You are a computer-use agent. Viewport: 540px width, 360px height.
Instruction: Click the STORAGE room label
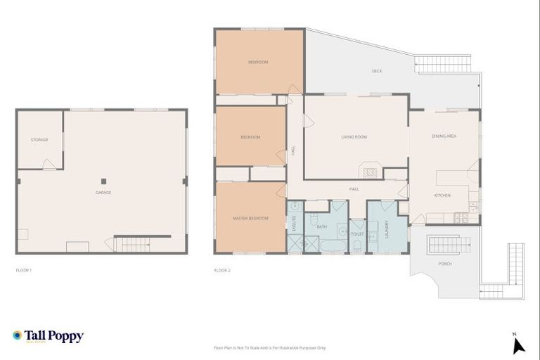pos(39,140)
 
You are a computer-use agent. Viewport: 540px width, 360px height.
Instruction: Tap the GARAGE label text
pos(103,193)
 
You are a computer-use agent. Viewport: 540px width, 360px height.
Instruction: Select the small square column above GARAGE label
pos(103,179)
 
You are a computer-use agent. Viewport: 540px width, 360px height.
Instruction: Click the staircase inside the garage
pos(133,245)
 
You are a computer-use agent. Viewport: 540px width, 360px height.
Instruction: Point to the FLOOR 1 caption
pos(24,270)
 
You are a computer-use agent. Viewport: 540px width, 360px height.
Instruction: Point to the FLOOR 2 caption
pos(222,270)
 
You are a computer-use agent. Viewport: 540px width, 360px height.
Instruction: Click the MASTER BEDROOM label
pos(250,219)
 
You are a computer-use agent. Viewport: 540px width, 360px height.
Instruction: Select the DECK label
pos(377,71)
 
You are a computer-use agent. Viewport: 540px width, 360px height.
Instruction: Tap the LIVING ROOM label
pos(354,137)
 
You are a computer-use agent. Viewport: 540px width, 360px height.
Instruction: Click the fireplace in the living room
pos(371,170)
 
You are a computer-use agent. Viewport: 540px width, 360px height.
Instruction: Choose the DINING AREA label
pos(444,136)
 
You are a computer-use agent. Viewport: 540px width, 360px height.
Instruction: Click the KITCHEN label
pos(442,195)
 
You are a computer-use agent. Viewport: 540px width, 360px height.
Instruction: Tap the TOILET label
pos(356,233)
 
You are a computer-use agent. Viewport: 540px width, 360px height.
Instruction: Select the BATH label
pos(322,227)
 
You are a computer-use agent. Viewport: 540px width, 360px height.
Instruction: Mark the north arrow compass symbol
pos(518,344)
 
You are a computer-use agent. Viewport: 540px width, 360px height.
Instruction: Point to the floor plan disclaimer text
pos(269,347)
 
